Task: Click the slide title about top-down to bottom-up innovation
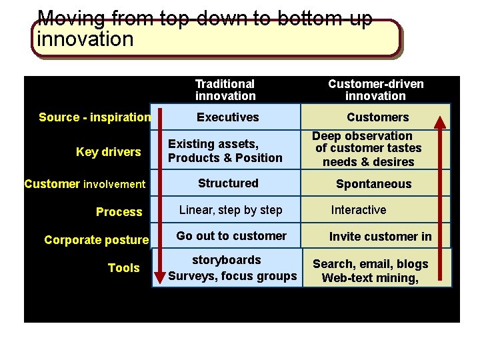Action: click(x=205, y=29)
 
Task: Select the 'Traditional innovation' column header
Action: click(x=225, y=90)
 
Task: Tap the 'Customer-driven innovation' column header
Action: click(x=375, y=90)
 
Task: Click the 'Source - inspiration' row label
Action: click(x=95, y=117)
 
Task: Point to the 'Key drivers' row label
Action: click(x=109, y=152)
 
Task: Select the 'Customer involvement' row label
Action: click(x=85, y=184)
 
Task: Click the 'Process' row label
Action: click(x=119, y=212)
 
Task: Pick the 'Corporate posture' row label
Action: click(x=96, y=240)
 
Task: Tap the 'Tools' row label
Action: click(x=124, y=268)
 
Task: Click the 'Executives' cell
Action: click(x=228, y=117)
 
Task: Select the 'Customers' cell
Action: click(x=377, y=117)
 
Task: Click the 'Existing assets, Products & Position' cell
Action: click(x=225, y=151)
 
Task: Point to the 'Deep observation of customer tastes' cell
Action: click(x=367, y=149)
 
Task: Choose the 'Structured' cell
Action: click(x=228, y=183)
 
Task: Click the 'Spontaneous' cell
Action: click(x=373, y=184)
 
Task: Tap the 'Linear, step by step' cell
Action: click(x=231, y=210)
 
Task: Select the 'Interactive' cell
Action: click(x=359, y=210)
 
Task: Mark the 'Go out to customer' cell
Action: click(x=231, y=236)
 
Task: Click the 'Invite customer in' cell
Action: click(x=380, y=237)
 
